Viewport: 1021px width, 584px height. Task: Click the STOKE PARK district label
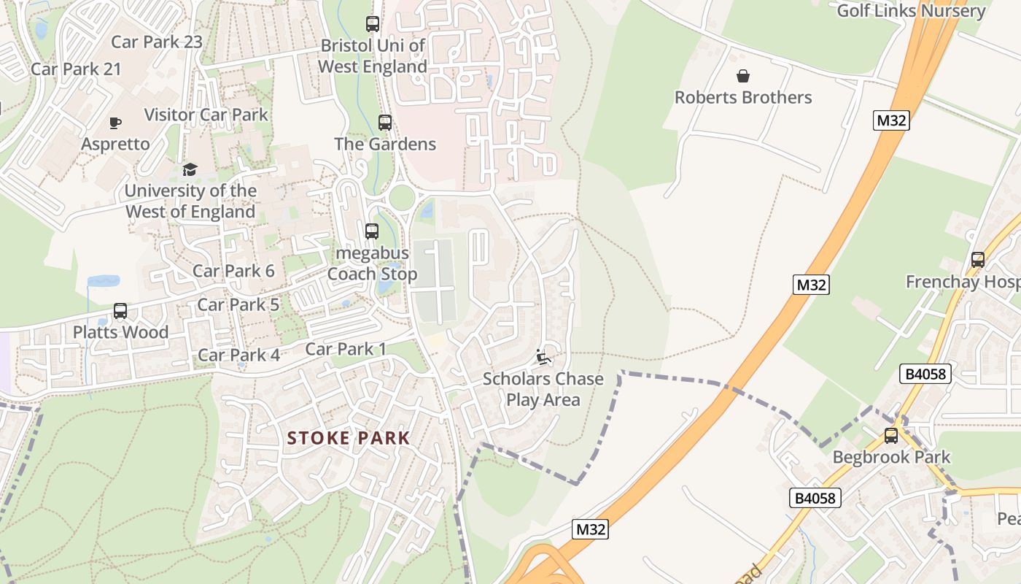click(349, 438)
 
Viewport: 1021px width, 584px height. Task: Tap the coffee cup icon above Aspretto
click(115, 123)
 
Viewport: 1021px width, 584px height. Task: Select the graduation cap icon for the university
click(190, 169)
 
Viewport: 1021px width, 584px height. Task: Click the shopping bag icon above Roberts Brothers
click(742, 76)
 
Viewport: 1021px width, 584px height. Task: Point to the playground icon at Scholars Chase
click(543, 357)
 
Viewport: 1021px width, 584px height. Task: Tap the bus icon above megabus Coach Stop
click(372, 231)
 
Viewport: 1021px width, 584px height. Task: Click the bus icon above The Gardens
click(385, 123)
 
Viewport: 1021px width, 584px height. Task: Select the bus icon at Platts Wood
click(120, 311)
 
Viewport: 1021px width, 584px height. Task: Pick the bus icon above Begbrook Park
click(891, 436)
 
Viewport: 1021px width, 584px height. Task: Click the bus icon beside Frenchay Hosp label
click(978, 259)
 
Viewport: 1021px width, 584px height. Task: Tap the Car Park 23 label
click(157, 42)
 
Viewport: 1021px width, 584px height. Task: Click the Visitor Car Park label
click(206, 115)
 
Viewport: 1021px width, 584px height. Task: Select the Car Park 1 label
click(346, 349)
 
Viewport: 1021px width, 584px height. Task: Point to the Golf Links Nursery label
click(911, 11)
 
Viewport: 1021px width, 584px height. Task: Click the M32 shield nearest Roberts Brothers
click(891, 120)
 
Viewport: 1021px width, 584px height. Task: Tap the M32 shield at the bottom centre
click(590, 529)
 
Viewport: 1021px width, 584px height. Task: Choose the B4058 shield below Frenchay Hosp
click(925, 374)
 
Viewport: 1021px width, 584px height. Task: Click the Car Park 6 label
click(233, 271)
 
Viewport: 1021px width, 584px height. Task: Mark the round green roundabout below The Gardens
click(401, 196)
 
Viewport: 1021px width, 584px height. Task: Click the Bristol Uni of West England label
click(373, 56)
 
